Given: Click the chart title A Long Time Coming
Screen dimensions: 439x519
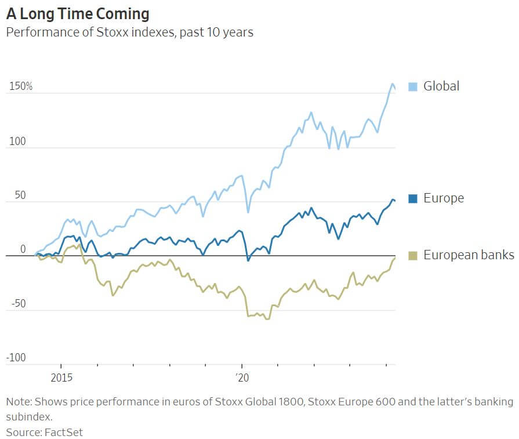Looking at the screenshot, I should tap(78, 13).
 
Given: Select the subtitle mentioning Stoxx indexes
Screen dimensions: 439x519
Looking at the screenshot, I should tap(129, 32).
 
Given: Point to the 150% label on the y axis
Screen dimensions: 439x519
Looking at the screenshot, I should tap(20, 86).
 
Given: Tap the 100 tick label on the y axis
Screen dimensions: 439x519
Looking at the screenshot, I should tap(17, 141).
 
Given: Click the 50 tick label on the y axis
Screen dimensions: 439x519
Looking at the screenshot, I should tap(20, 195).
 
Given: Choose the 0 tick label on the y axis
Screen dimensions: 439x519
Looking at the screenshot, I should tap(23, 249).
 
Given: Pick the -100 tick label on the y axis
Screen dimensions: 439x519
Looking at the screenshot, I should tap(16, 358).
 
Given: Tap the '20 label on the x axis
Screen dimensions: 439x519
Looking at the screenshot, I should tap(242, 376).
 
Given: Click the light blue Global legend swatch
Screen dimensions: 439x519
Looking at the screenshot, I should tap(413, 86).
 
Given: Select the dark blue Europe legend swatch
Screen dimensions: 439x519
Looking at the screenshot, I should tap(413, 198).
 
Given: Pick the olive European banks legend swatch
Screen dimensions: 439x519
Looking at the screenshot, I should tap(413, 255).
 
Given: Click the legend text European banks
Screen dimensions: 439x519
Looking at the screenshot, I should tap(469, 255).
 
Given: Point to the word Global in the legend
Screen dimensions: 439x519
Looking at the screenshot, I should tap(441, 86).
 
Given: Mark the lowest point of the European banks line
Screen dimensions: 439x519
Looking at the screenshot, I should tap(267, 319).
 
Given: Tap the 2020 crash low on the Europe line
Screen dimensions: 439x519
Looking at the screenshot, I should tap(248, 260).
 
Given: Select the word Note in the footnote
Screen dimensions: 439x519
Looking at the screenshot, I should tap(18, 402).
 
